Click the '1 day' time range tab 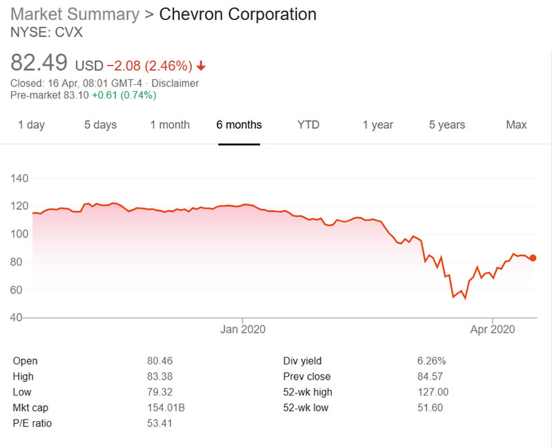point(31,125)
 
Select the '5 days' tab point(100,125)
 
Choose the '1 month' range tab point(170,125)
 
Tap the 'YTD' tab point(308,125)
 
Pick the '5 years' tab point(446,125)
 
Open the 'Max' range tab point(516,125)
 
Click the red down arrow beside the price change point(201,66)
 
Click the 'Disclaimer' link point(175,84)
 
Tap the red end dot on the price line point(533,257)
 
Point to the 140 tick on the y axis point(19,178)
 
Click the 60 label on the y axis point(19,290)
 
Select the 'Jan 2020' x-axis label point(243,329)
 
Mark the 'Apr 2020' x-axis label point(491,329)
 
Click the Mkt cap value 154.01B point(166,408)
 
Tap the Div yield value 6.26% point(431,361)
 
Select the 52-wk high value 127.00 point(433,392)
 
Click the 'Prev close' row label point(306,377)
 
